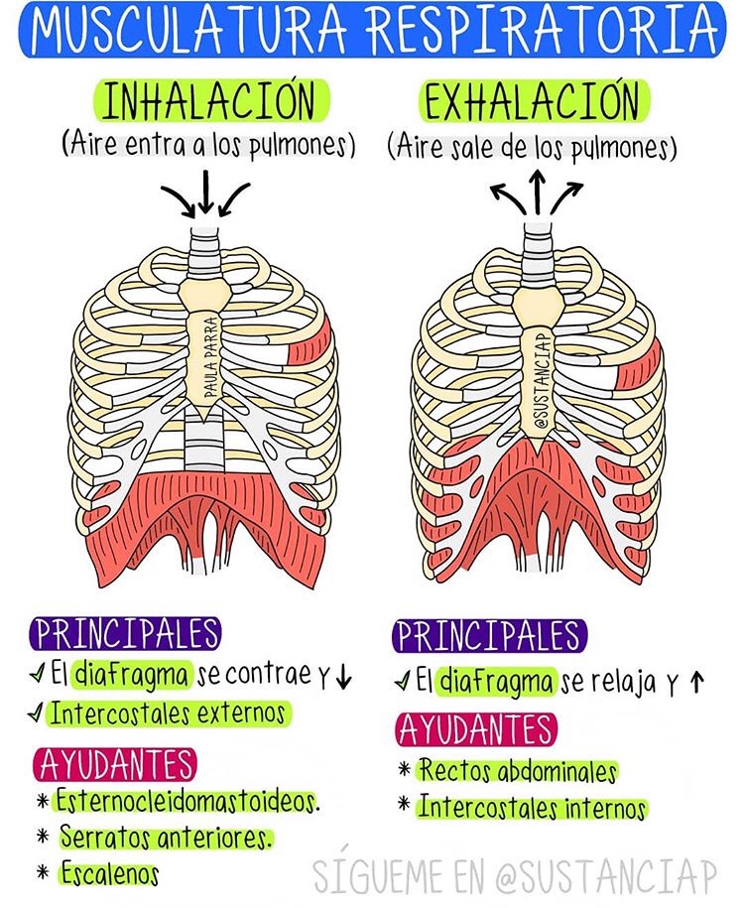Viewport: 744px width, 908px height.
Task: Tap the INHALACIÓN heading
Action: coord(208,102)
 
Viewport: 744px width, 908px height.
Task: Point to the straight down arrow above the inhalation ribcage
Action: coord(205,192)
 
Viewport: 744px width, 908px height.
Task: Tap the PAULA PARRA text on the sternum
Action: coord(210,357)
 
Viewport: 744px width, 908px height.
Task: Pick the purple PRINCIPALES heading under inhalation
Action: coord(125,633)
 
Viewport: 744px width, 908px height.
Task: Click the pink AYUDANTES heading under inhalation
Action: coord(116,764)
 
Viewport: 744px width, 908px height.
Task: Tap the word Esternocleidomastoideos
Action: coord(187,801)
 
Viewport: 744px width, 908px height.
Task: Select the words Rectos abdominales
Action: coord(517,771)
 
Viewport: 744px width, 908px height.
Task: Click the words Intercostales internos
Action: coord(532,808)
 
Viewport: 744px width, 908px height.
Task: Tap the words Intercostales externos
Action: coord(168,713)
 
